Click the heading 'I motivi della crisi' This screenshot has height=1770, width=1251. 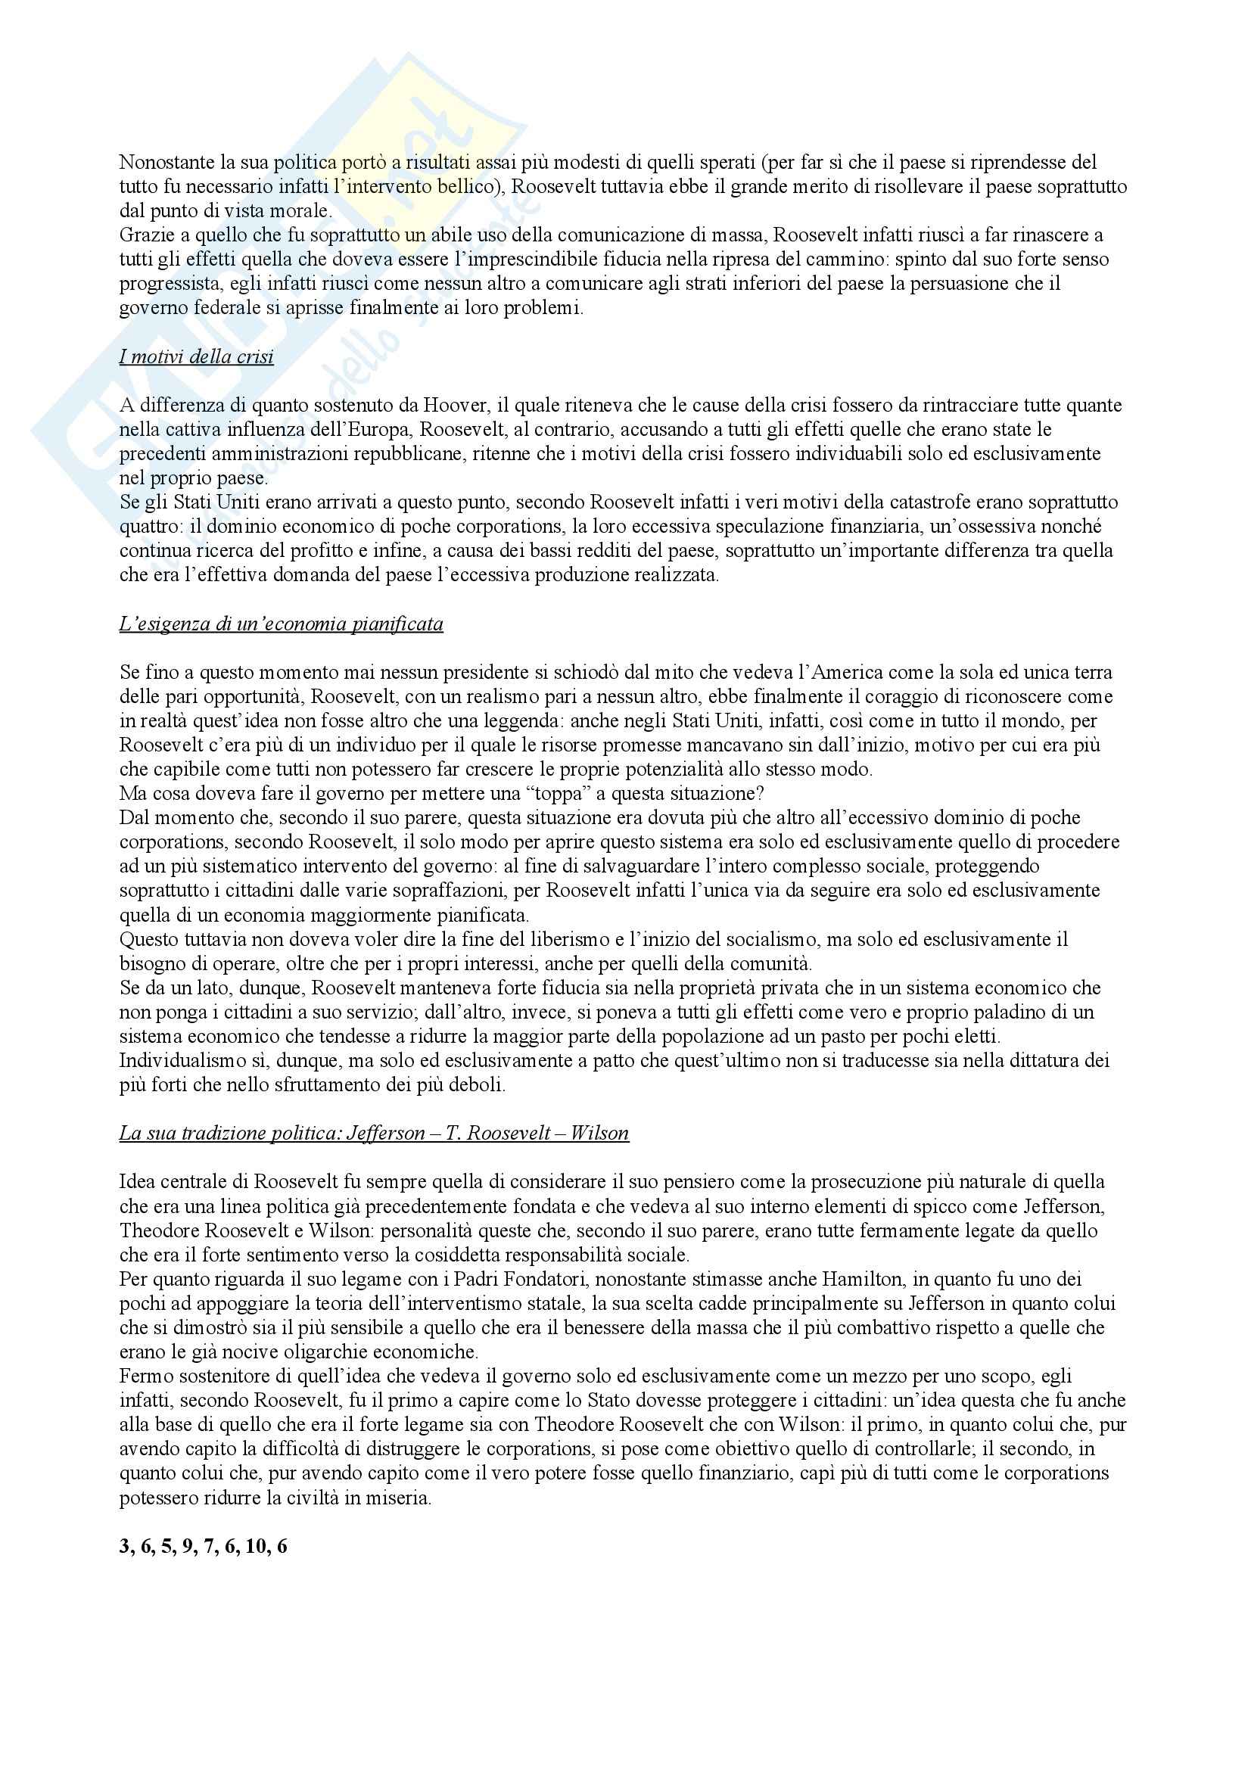(197, 357)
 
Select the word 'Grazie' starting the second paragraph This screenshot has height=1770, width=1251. (144, 235)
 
